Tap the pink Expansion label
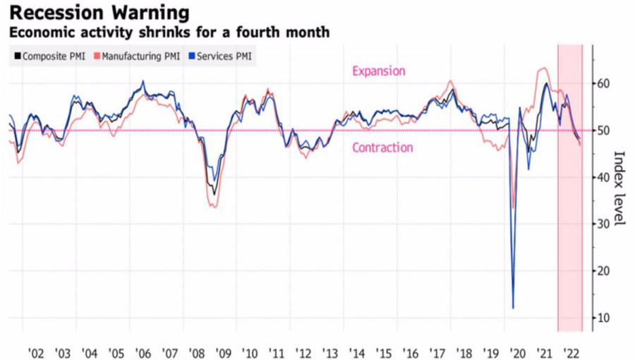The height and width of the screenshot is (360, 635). pos(379,71)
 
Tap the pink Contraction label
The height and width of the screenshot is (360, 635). pos(382,148)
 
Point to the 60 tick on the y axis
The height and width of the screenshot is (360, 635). pos(603,84)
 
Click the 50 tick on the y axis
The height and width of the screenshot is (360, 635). pos(603,131)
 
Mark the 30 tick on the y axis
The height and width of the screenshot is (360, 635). pos(603,224)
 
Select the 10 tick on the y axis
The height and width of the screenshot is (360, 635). pos(603,318)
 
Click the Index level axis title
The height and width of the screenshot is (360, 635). pos(620,188)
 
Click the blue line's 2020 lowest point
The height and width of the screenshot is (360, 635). pos(513,308)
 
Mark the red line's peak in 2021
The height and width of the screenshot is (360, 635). pos(543,68)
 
